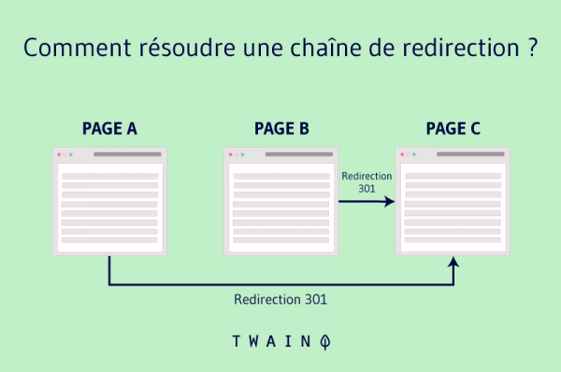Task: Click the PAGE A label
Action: [109, 128]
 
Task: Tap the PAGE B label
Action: [281, 128]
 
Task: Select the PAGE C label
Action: [453, 128]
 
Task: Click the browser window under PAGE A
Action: [109, 200]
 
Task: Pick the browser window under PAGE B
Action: [280, 200]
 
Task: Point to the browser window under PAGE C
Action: [453, 200]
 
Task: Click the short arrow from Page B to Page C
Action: [367, 201]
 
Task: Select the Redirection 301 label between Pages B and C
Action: [367, 181]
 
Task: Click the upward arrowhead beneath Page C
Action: [453, 265]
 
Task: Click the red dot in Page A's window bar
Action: [58, 154]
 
